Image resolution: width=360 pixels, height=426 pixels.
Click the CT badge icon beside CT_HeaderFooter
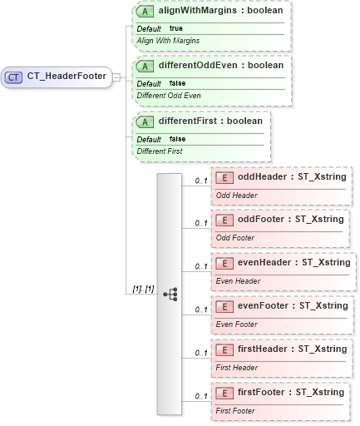pos(14,77)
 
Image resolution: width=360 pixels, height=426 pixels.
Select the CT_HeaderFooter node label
pos(67,77)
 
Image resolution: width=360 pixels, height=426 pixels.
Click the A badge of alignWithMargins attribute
pos(146,11)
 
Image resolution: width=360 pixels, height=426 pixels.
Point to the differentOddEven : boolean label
pos(221,65)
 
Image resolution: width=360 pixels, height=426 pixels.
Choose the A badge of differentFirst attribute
pos(146,121)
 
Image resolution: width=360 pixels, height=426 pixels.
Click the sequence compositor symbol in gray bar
pos(170,295)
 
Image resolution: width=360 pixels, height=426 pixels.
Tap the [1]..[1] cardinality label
pos(143,288)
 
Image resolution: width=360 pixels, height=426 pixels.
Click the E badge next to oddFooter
pos(224,220)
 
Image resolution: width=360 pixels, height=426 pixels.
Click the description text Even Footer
pos(237,324)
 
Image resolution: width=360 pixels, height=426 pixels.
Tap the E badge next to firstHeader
pos(224,349)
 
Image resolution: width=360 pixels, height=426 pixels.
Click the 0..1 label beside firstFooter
pos(201,396)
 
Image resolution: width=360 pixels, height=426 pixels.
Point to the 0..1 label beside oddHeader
pos(201,180)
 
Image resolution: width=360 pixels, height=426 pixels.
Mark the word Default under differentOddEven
pos(149,82)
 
